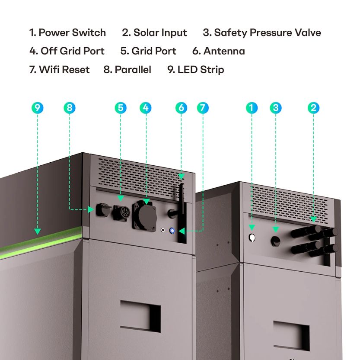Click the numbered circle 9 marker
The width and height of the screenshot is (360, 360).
click(38, 108)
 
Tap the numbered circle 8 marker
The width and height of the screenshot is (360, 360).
click(69, 108)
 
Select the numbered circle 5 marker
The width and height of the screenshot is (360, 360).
click(121, 108)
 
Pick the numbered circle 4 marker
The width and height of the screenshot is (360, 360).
click(146, 108)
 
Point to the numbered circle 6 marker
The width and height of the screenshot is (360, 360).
click(182, 108)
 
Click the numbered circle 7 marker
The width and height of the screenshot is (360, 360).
click(202, 108)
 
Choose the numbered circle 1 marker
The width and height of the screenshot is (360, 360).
click(252, 108)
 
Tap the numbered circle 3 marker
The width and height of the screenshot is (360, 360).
click(275, 108)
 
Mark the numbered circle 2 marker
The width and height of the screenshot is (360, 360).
click(314, 108)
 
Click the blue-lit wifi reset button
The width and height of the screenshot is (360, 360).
click(173, 231)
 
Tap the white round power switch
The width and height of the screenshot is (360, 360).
click(252, 238)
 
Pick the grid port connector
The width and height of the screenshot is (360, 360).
click(121, 213)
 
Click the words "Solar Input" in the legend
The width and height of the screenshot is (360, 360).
click(160, 32)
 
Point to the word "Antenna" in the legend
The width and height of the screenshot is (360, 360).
click(224, 51)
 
